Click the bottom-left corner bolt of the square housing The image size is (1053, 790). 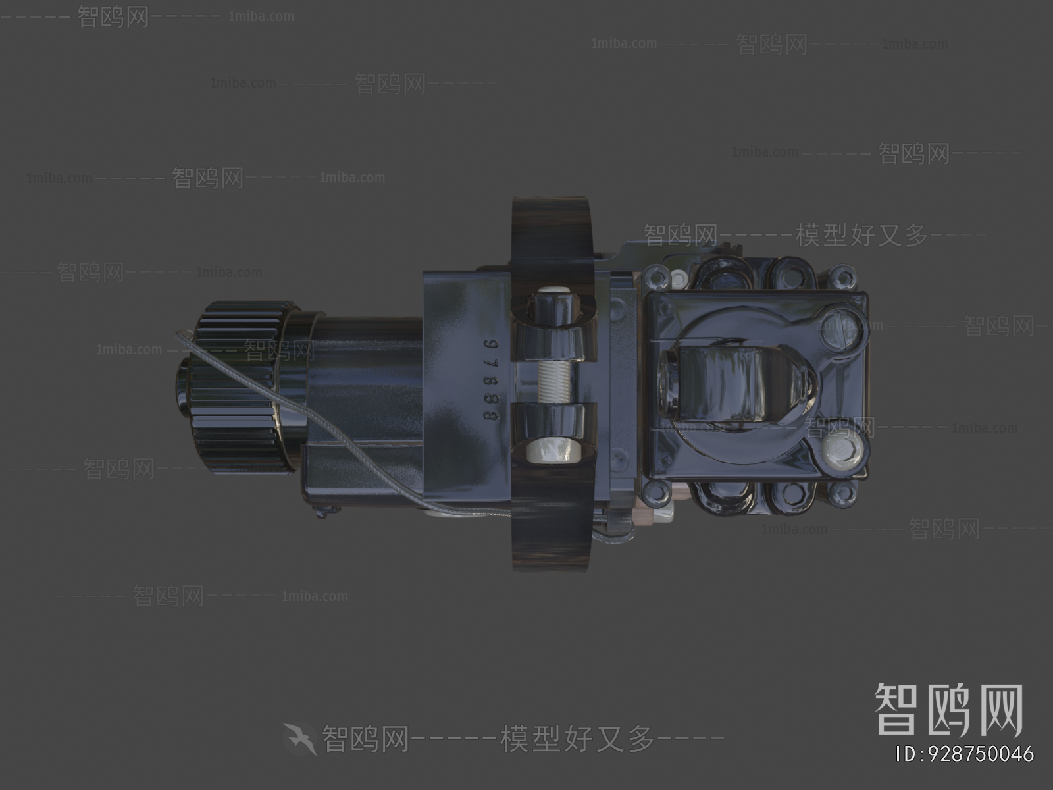click(655, 490)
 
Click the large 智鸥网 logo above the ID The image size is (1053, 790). click(948, 710)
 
